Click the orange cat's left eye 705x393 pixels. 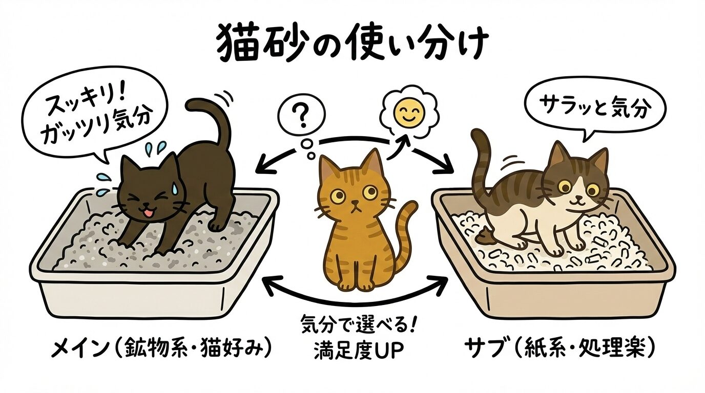coord(338,196)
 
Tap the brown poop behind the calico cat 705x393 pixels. coord(485,236)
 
